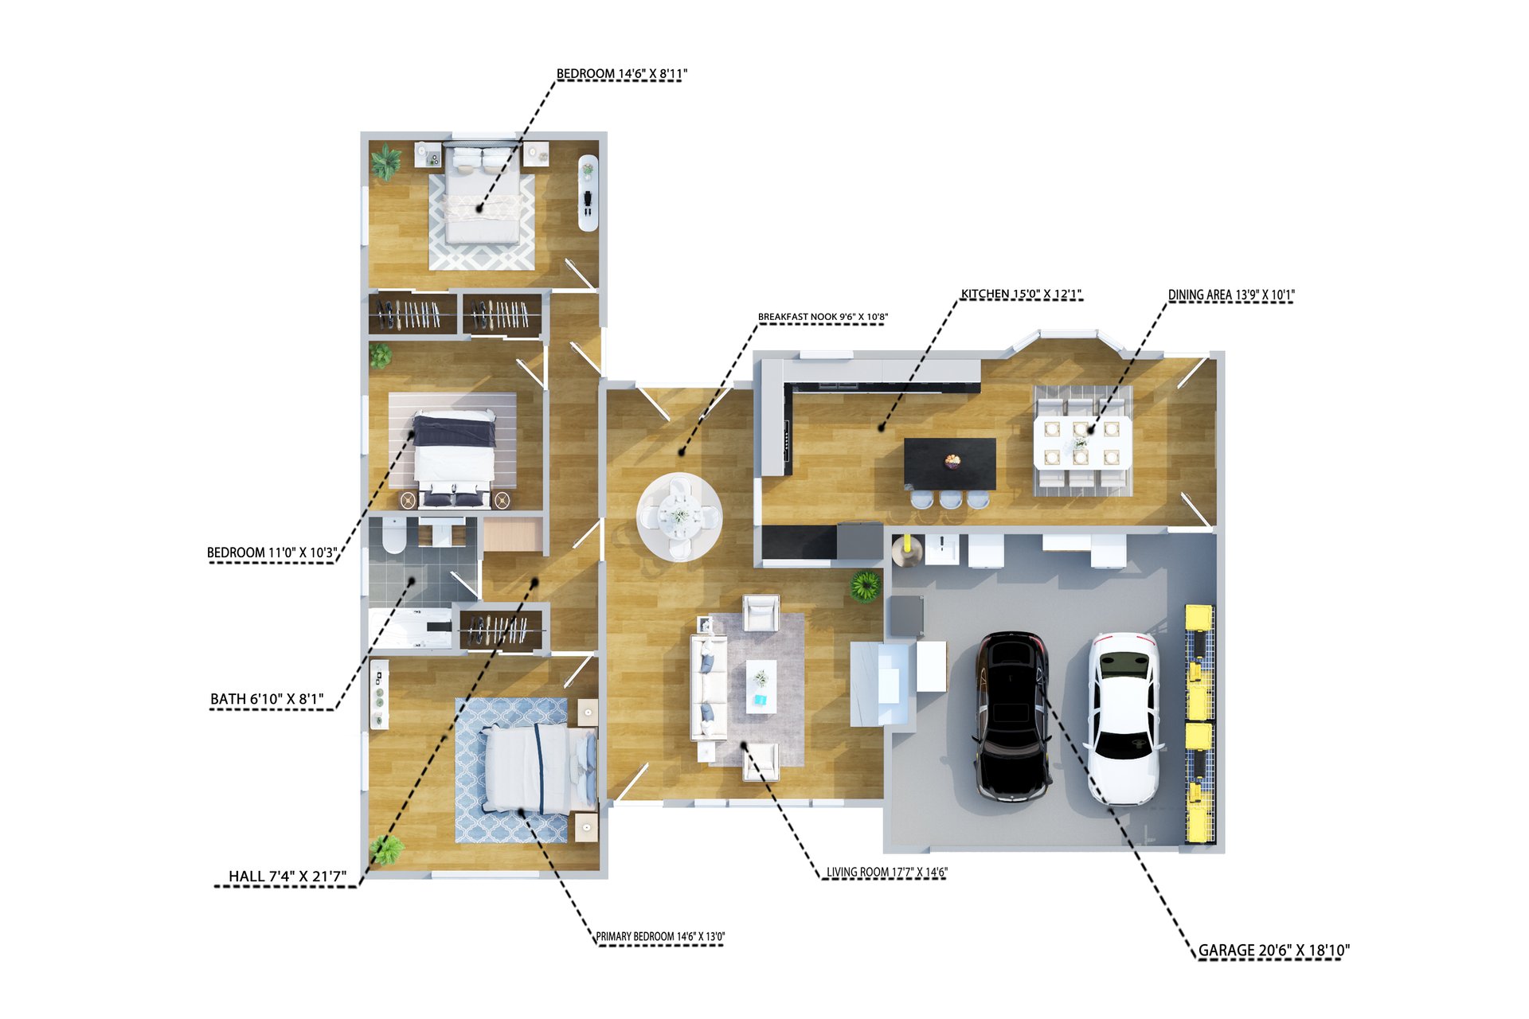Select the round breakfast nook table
pos(679,517)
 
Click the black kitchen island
pos(950,464)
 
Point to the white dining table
pos(1081,442)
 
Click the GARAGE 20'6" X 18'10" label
pos(1274,951)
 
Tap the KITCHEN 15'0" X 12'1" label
pos(1021,295)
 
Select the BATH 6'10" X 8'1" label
pos(267,699)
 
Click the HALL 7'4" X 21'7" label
pos(287,876)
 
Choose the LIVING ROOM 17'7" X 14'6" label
pos(886,873)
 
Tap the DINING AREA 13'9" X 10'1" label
pos(1231,295)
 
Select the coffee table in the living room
pos(761,687)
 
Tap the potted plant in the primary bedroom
pos(387,850)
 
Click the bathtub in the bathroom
pos(410,629)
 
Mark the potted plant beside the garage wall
pos(865,587)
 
